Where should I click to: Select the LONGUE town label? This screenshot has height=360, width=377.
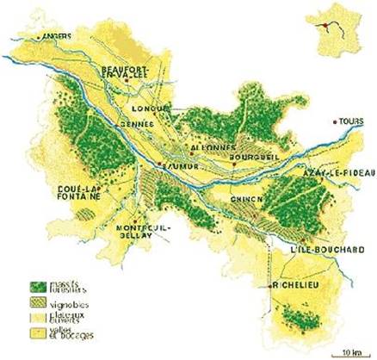[150, 109]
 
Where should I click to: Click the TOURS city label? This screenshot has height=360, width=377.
[348, 121]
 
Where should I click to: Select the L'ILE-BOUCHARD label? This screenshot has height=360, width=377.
[321, 250]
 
